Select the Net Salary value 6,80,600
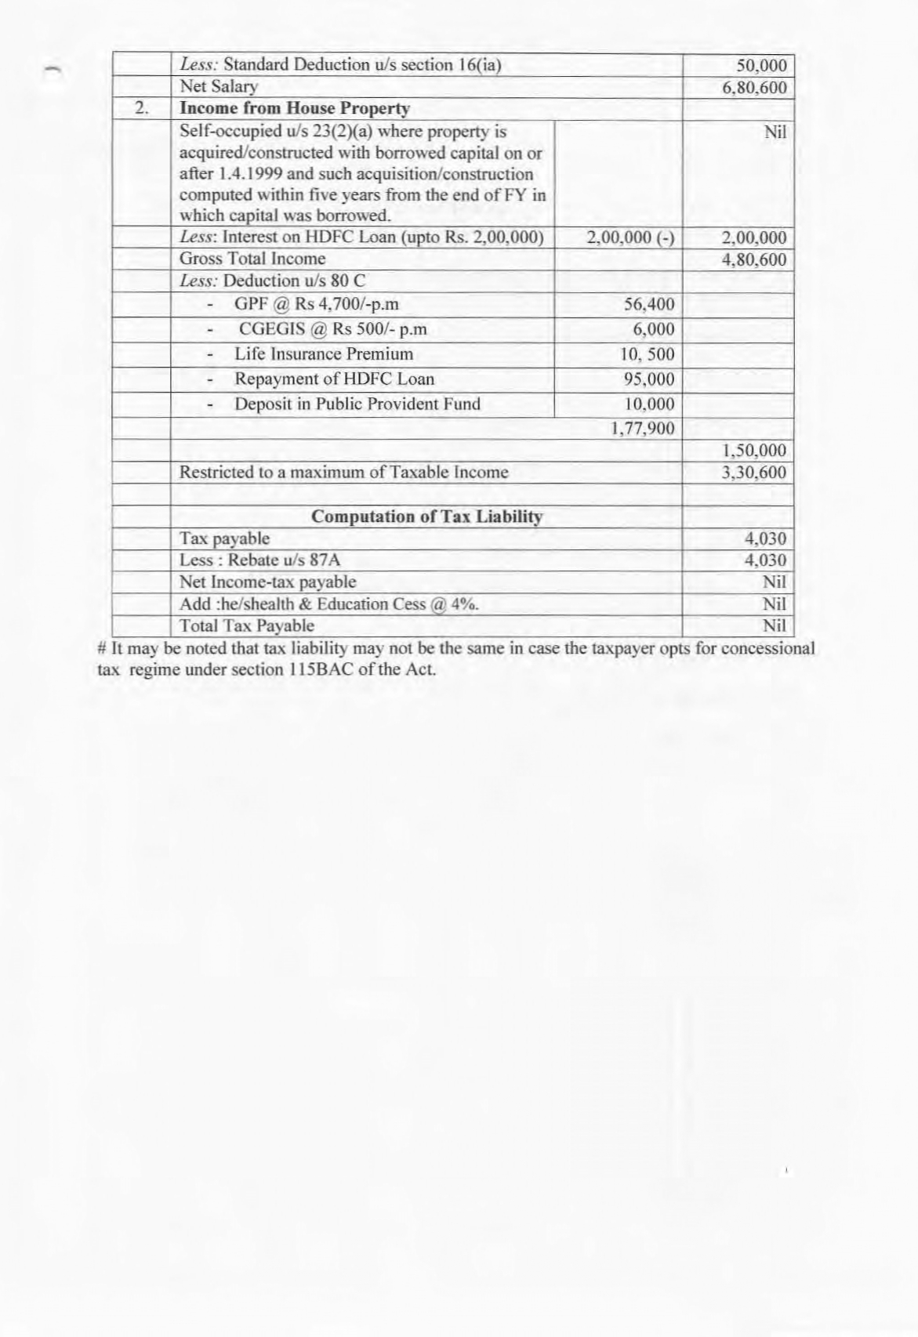pos(753,88)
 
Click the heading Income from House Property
pos(295,109)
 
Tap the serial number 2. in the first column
pos(142,109)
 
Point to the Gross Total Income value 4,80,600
pos(753,259)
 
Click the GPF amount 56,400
pos(648,305)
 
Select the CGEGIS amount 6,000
pos(653,329)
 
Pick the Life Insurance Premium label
pos(323,354)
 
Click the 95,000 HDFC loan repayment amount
pos(648,379)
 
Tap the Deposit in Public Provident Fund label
pos(357,404)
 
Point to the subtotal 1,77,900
pos(643,429)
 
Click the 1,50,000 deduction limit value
pos(753,451)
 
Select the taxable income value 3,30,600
pos(753,473)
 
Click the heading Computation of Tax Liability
pos(426,517)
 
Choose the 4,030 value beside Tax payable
pos(764,539)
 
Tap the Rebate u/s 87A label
pos(259,560)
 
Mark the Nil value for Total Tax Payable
pos(774,626)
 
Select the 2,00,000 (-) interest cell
pos(630,238)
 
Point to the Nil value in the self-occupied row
pos(775,132)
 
